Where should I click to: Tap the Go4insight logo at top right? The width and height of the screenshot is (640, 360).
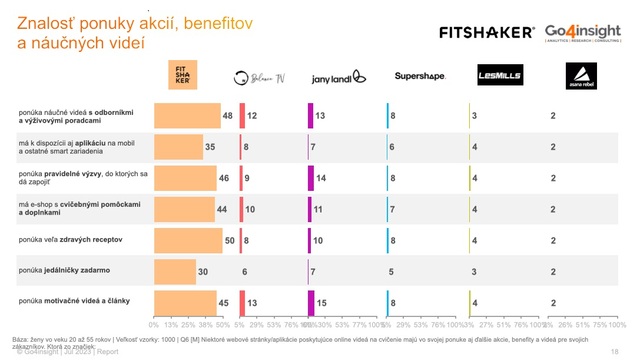(585, 32)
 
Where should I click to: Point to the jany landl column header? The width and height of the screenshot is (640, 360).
(333, 77)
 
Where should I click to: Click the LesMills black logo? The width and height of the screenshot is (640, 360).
(494, 75)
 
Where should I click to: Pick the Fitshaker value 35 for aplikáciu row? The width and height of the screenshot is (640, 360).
(210, 147)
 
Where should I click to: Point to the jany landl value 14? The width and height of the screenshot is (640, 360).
(321, 178)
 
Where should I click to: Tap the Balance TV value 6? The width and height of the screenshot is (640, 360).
(245, 271)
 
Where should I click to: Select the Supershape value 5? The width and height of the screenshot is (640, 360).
(391, 271)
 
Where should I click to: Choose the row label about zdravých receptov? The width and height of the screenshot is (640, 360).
(70, 240)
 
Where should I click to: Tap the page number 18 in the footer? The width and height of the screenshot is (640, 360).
(615, 352)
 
